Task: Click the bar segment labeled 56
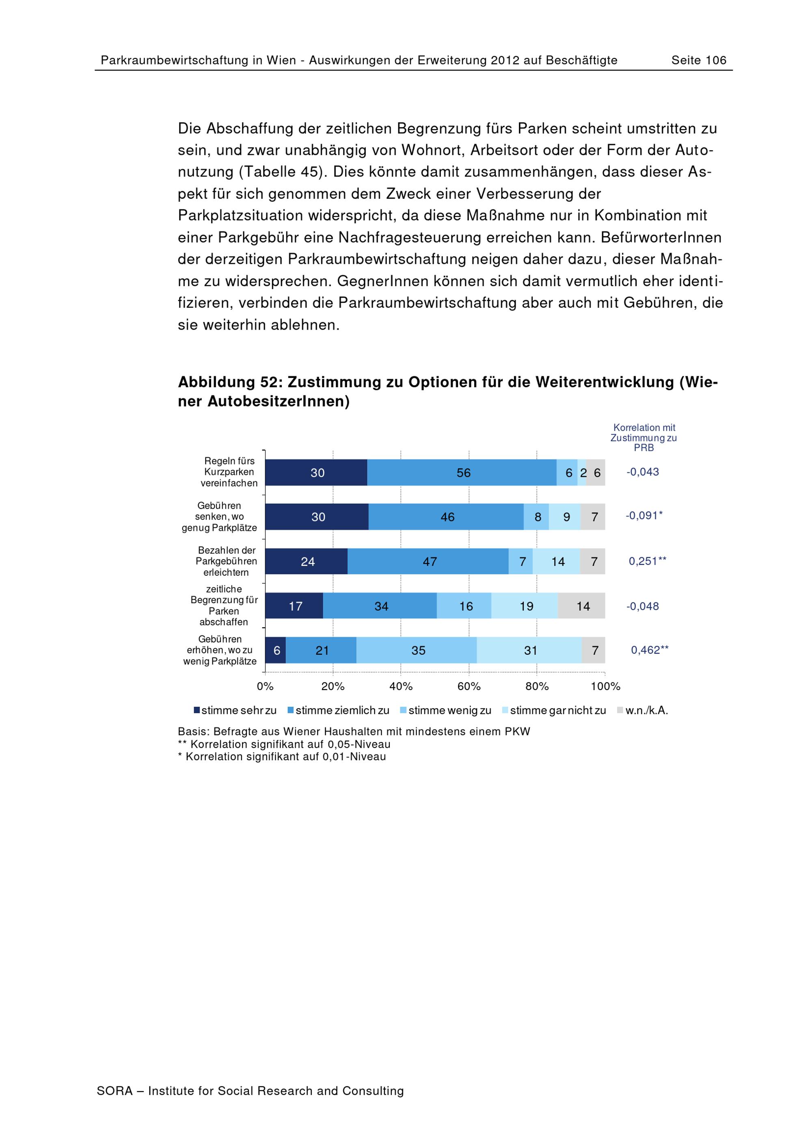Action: tap(462, 473)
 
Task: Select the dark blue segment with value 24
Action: tap(307, 561)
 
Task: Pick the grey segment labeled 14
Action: tap(581, 606)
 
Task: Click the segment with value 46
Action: tap(446, 517)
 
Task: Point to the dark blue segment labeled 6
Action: tap(276, 650)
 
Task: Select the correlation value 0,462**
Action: tap(650, 650)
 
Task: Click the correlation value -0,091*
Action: tap(644, 516)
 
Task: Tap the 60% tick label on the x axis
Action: tap(469, 686)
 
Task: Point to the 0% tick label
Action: tap(265, 686)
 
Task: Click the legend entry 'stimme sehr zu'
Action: tap(235, 710)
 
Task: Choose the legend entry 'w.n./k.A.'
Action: tap(643, 710)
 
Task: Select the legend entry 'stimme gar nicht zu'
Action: tap(554, 710)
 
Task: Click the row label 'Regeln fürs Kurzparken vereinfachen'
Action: tap(229, 472)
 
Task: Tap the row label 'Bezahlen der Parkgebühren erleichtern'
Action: tap(226, 561)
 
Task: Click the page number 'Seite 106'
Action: tap(698, 60)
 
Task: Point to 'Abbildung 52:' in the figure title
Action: tap(230, 382)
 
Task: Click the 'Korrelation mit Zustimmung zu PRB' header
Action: tap(644, 438)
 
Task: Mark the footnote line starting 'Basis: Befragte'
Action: tap(354, 732)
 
